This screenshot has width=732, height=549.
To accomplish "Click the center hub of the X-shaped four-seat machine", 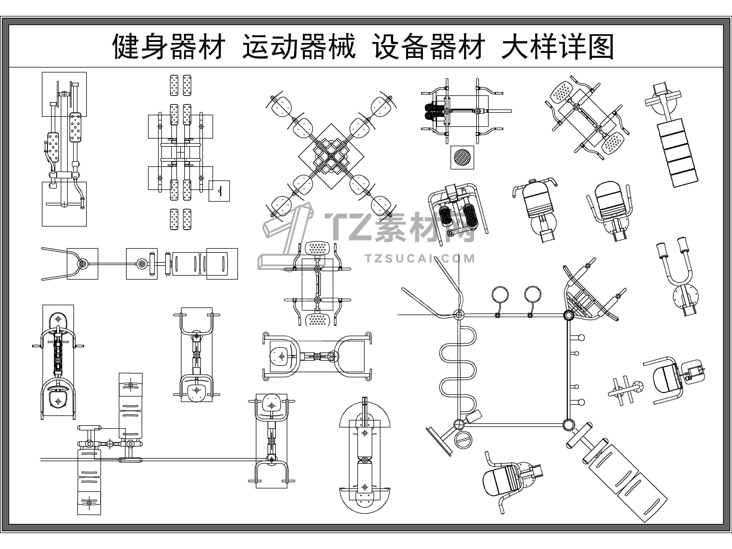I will (331, 156).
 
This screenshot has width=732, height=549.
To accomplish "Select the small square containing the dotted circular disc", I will (462, 157).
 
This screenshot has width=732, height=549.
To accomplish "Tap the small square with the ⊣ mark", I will (219, 191).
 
